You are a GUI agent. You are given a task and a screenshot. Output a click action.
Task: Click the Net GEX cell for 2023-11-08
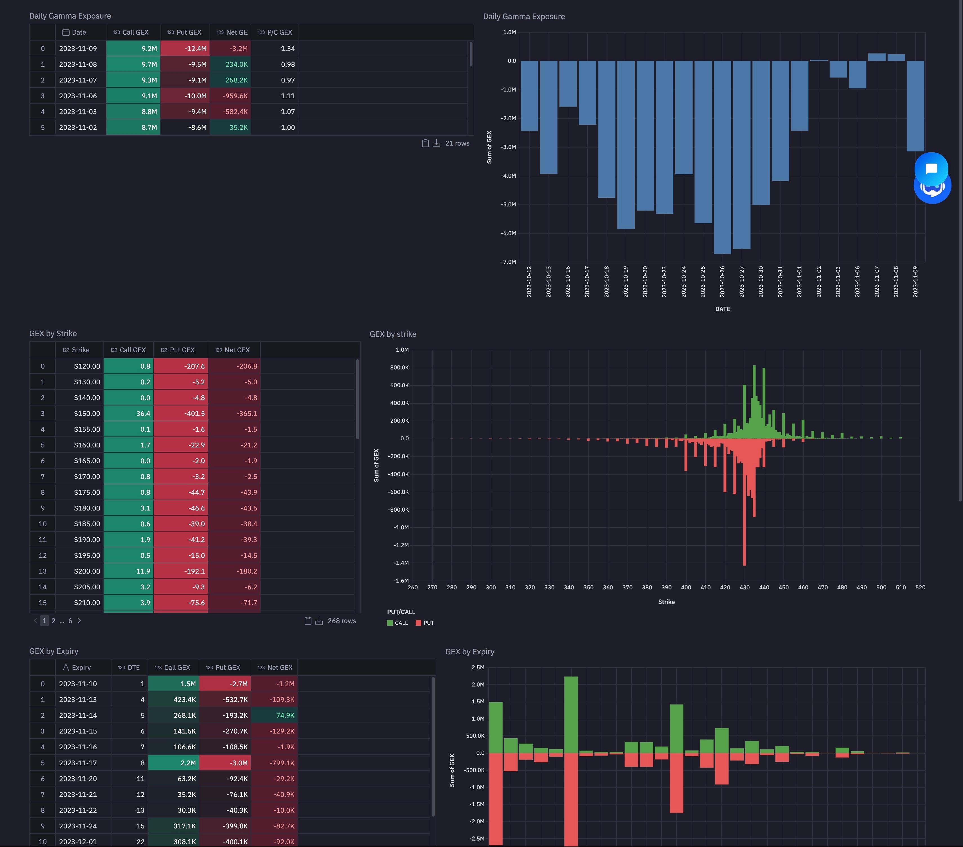231,64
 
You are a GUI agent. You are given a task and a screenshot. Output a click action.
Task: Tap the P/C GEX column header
275,32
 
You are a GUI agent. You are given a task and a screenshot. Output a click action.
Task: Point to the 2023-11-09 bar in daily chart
915,106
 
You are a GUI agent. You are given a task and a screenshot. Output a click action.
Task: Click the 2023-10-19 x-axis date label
626,282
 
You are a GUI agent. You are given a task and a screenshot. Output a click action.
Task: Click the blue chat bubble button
931,169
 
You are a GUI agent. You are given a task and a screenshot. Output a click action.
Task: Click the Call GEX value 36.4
129,414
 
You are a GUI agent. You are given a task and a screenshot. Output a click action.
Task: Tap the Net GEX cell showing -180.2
235,571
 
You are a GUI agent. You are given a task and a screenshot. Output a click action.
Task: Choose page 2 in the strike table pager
53,621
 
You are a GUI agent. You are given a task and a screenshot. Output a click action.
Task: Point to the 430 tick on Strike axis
744,587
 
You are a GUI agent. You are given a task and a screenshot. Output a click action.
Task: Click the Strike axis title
666,602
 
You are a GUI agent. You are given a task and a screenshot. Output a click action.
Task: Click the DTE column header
130,668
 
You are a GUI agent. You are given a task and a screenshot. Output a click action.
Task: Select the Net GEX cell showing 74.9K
274,716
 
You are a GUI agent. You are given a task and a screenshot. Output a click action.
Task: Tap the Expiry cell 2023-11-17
78,763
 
